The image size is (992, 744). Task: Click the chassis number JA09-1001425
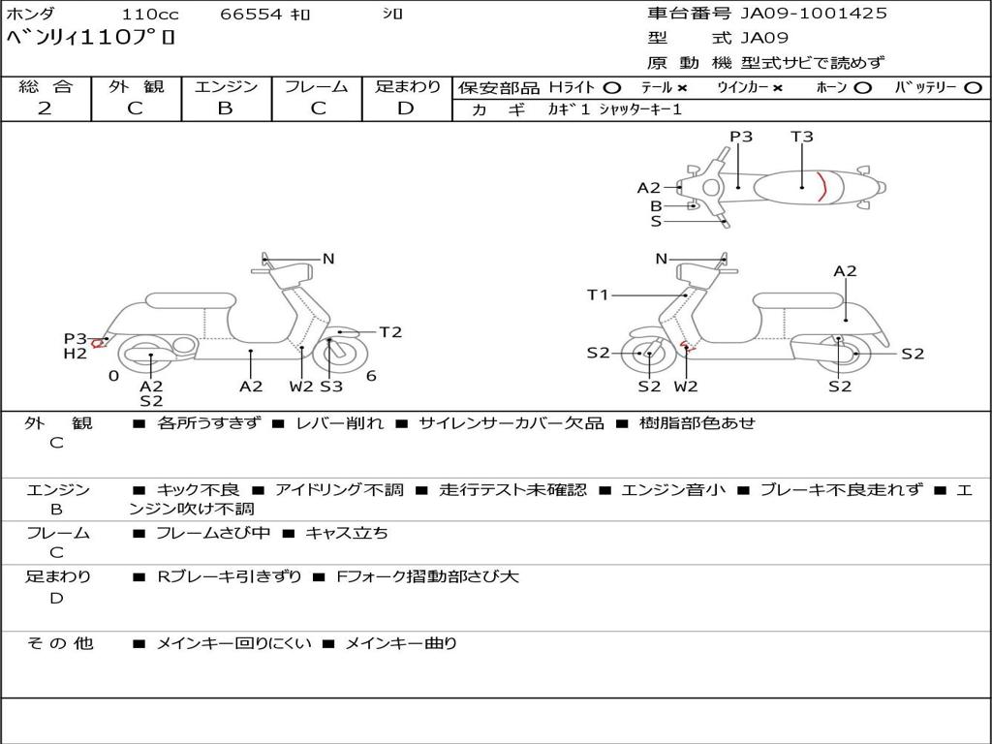(x=814, y=14)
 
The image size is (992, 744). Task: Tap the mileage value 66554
(x=251, y=15)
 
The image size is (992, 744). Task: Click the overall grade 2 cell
(x=46, y=108)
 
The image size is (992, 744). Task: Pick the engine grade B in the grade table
(x=225, y=108)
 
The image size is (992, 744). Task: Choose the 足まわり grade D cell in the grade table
(x=406, y=108)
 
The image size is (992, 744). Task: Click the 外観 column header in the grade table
(x=136, y=87)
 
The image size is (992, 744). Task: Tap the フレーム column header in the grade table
(x=316, y=87)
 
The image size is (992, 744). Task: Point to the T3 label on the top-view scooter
(x=802, y=137)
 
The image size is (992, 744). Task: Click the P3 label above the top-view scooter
(x=741, y=137)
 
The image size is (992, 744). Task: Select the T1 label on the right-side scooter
(x=598, y=294)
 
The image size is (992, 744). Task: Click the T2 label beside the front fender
(x=390, y=332)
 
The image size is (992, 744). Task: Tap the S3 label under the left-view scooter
(x=331, y=386)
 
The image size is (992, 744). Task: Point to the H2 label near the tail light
(x=76, y=354)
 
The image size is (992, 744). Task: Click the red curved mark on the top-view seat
(x=822, y=186)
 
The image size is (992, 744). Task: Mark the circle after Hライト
(x=611, y=88)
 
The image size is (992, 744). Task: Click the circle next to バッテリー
(x=973, y=88)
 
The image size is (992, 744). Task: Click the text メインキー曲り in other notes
(x=401, y=642)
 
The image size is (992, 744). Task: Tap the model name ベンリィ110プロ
(x=91, y=40)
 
